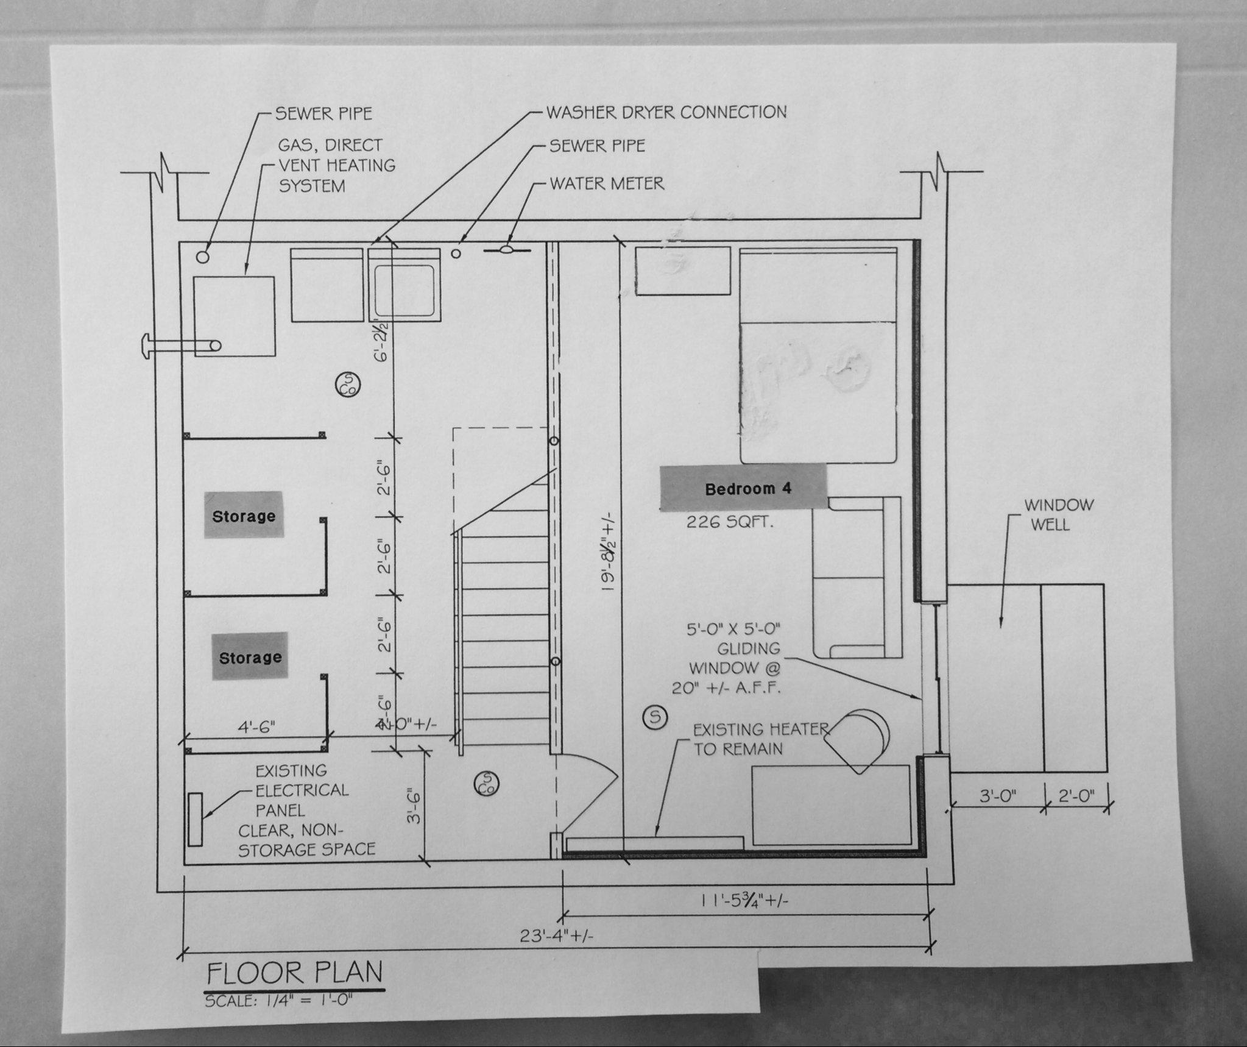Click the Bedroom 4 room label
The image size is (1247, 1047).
pos(747,489)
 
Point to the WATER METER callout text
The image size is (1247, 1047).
pos(607,183)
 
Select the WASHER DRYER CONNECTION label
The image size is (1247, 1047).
pos(666,112)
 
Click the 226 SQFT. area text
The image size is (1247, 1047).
pos(730,522)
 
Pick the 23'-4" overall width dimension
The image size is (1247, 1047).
pos(556,935)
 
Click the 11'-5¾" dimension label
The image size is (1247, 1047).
pos(744,900)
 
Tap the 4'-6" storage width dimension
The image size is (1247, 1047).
pos(256,726)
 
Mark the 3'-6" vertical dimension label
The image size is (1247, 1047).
pos(414,806)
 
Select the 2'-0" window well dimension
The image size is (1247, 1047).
pos(1076,795)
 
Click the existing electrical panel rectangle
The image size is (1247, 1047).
pos(195,819)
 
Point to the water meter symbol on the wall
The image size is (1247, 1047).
pos(507,249)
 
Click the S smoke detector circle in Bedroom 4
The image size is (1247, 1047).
pos(655,717)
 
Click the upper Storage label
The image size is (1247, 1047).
pos(244,516)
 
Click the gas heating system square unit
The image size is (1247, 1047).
pos(235,316)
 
